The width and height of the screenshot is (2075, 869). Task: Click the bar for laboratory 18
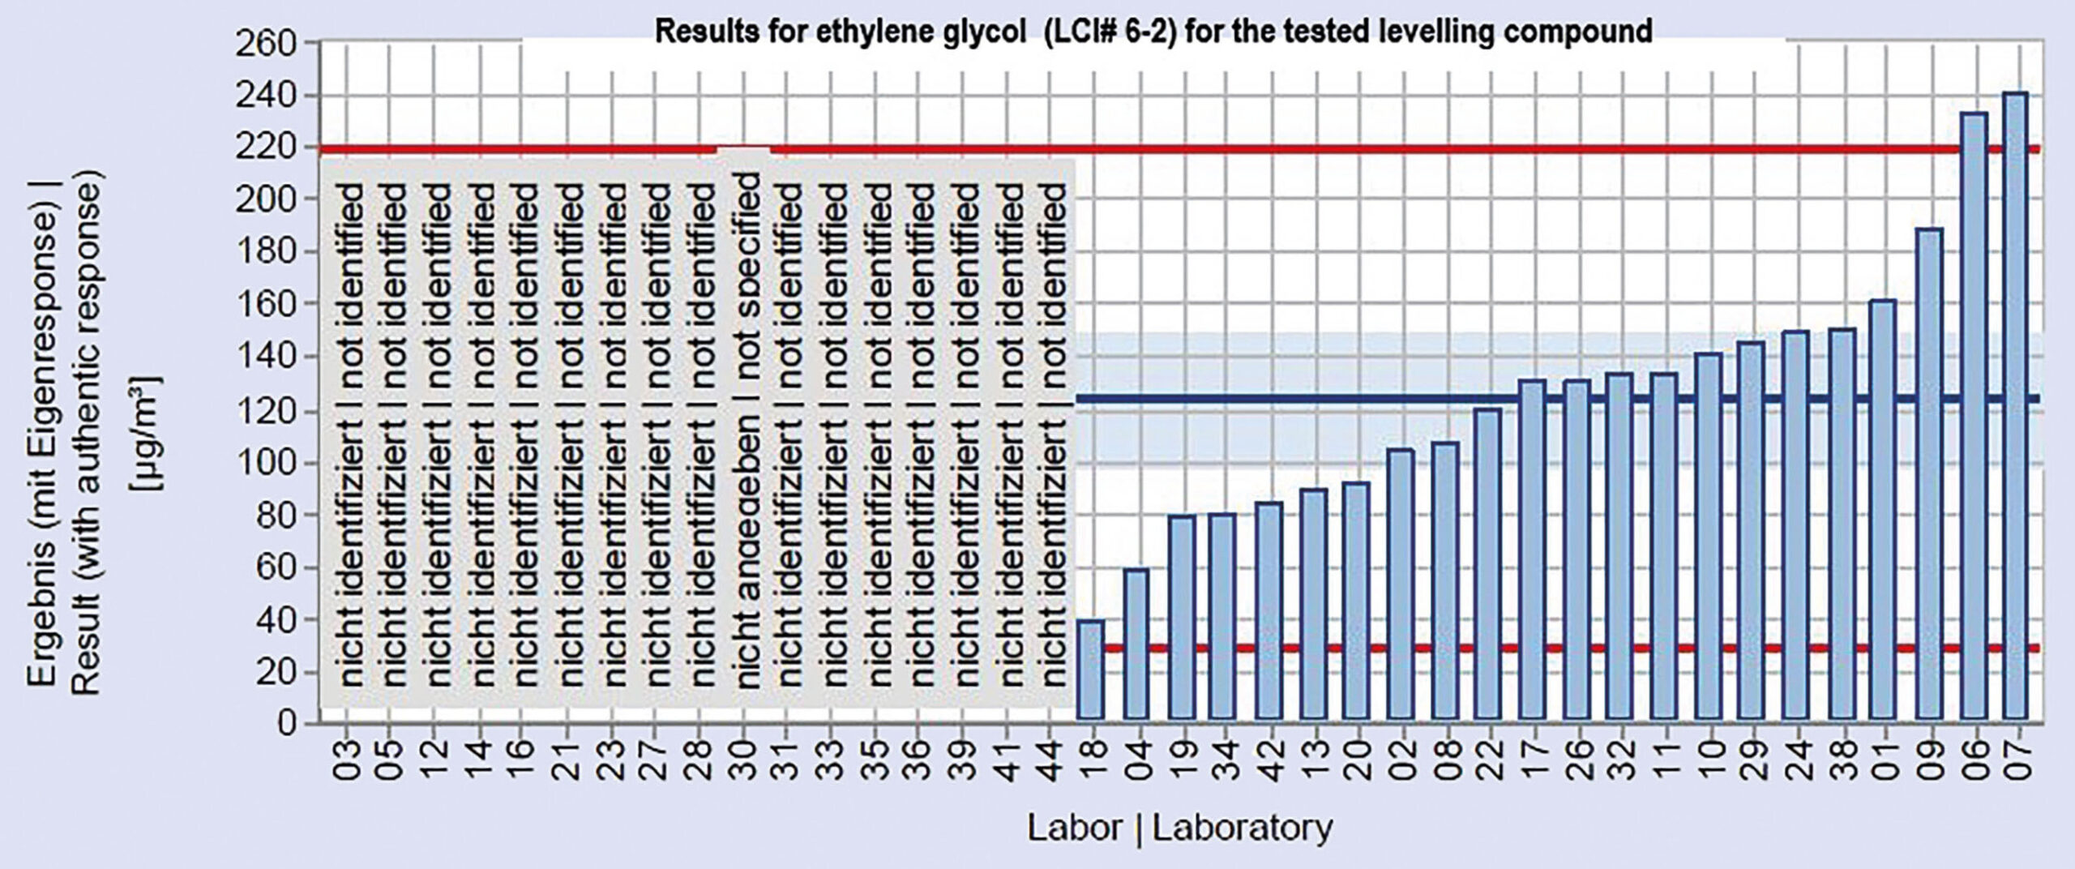(x=1090, y=669)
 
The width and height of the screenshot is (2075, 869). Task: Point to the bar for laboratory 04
(x=1136, y=644)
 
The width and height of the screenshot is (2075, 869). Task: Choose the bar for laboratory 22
(x=1487, y=563)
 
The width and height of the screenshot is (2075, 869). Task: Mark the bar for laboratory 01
(x=1882, y=509)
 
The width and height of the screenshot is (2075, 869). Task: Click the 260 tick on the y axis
(x=275, y=43)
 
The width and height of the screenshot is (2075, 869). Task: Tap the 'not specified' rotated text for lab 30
(x=747, y=259)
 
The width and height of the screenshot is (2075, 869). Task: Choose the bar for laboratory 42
(x=1267, y=610)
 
